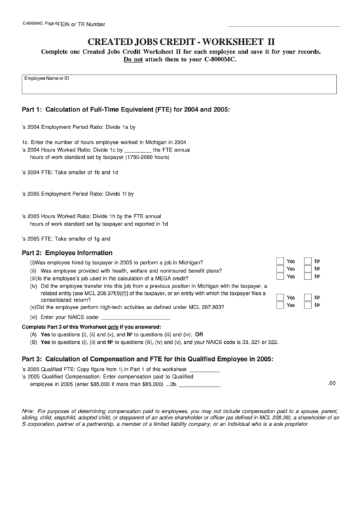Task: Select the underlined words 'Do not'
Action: (x=134, y=60)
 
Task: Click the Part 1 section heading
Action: (x=126, y=109)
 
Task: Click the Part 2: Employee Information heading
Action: (x=67, y=252)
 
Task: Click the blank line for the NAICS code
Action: (x=134, y=317)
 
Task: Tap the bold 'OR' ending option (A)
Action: (x=199, y=334)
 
